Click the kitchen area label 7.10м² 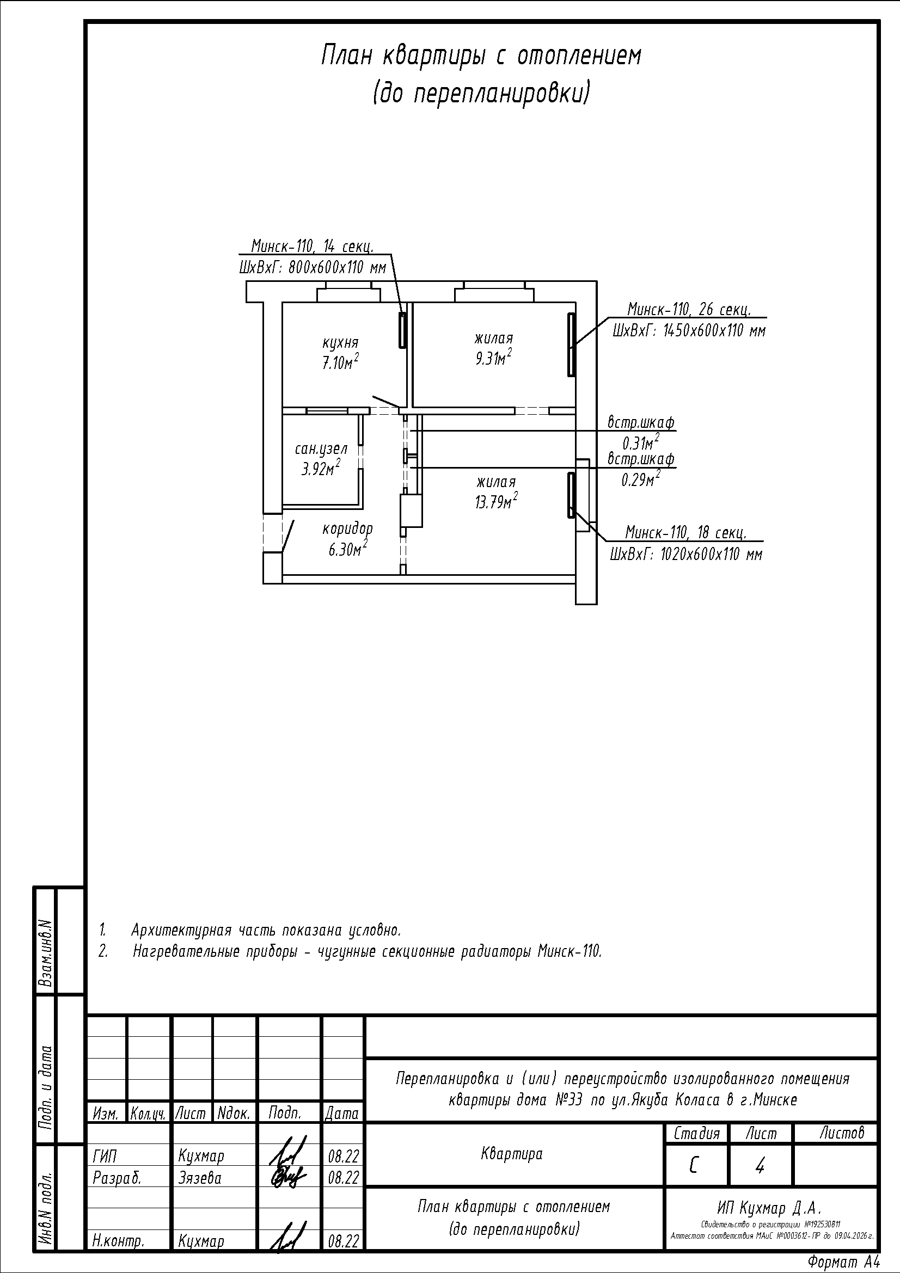[x=340, y=362]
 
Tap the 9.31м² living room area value [x=493, y=358]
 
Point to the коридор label [x=348, y=528]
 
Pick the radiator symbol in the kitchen [x=402, y=330]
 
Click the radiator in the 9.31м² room [x=571, y=345]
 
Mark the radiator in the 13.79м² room [x=571, y=495]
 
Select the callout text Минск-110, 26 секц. [x=689, y=308]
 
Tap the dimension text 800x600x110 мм [x=337, y=268]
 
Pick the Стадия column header [x=696, y=1133]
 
